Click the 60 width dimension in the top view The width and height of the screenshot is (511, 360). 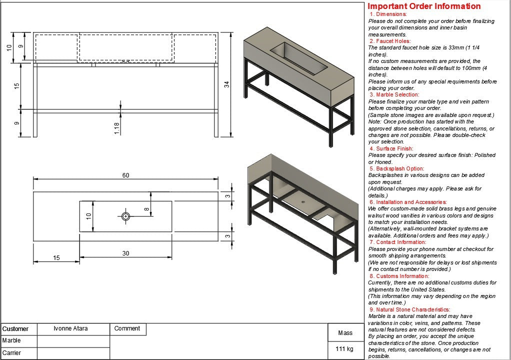point(126,175)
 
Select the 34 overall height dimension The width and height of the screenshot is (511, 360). point(227,84)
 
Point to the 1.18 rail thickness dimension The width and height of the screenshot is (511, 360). point(116,128)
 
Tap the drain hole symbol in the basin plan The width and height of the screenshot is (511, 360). point(126,216)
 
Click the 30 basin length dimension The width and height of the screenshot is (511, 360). point(126,253)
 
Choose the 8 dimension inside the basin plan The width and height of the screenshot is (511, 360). point(146,209)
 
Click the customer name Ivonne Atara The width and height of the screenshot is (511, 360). point(70,328)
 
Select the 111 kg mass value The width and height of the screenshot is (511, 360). point(344,348)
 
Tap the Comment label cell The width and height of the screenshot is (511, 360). point(127,328)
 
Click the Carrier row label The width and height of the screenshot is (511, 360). point(11,353)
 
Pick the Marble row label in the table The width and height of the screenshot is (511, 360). point(11,340)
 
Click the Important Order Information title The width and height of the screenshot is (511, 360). point(424,6)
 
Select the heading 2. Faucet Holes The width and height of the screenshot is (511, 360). point(390,41)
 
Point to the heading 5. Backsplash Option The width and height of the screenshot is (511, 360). point(397,168)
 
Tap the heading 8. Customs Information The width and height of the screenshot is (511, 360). point(399,276)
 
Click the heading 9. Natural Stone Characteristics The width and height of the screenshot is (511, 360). point(409,309)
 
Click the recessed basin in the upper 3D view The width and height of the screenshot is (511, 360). point(299,58)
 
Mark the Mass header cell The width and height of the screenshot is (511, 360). point(345,332)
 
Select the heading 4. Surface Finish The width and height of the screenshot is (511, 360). point(391,148)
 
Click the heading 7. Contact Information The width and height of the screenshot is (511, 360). point(398,242)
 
